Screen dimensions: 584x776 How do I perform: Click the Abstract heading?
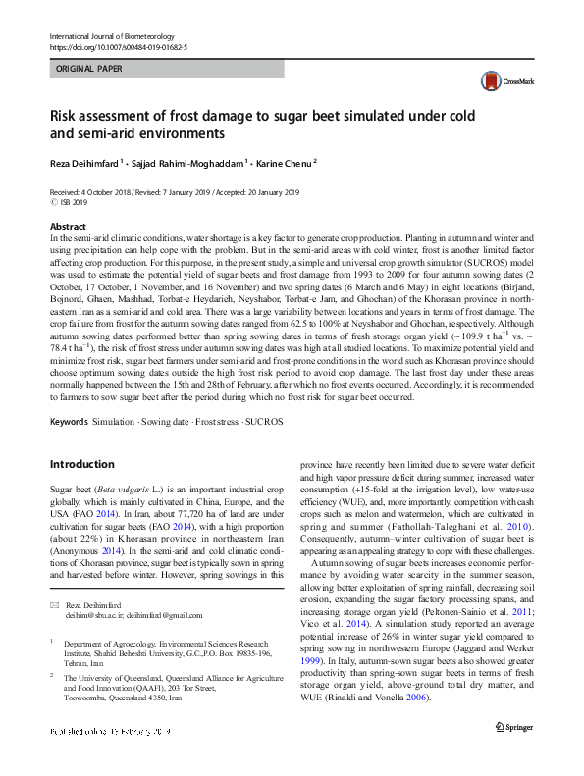tap(68, 226)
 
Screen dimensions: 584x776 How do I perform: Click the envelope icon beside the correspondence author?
tap(55, 605)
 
